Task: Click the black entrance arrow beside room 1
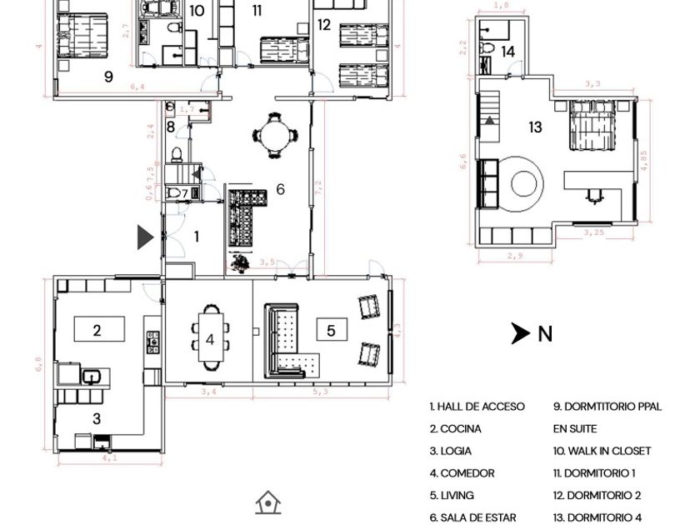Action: (x=145, y=237)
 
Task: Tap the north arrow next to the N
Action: (x=521, y=333)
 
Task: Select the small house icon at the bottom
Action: (x=267, y=502)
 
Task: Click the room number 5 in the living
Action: (x=331, y=331)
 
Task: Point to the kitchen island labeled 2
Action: (x=99, y=329)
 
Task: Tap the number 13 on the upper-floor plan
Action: (x=535, y=127)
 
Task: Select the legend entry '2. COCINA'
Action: (x=455, y=429)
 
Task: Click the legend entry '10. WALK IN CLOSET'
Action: (x=602, y=451)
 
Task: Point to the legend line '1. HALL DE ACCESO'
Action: (x=477, y=407)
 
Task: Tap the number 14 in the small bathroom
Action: (x=507, y=52)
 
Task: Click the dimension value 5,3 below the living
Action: (x=320, y=391)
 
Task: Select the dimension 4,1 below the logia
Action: (x=109, y=457)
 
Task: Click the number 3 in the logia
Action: (x=97, y=419)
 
